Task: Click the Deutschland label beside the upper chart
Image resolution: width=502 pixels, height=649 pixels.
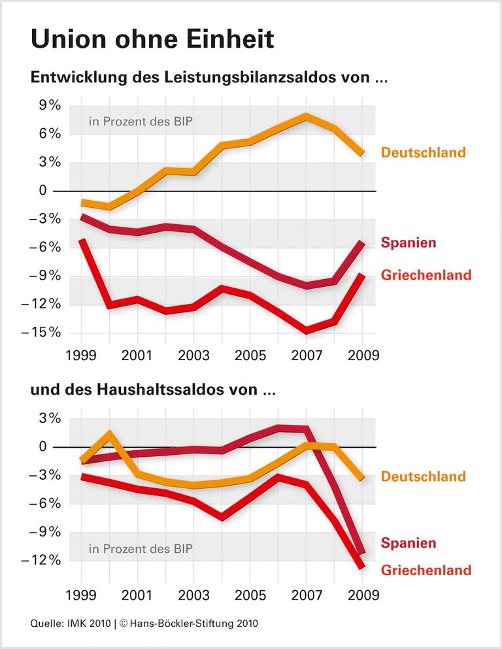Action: click(424, 153)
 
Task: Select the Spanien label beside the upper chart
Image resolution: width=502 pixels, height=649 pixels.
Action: click(409, 242)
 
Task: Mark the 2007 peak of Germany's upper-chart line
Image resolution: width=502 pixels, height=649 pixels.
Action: click(306, 117)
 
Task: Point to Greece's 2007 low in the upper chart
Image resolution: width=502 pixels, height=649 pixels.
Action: click(306, 330)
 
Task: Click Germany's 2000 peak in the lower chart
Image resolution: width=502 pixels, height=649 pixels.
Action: click(109, 433)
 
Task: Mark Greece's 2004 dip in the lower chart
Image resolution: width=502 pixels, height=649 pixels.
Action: click(222, 517)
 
